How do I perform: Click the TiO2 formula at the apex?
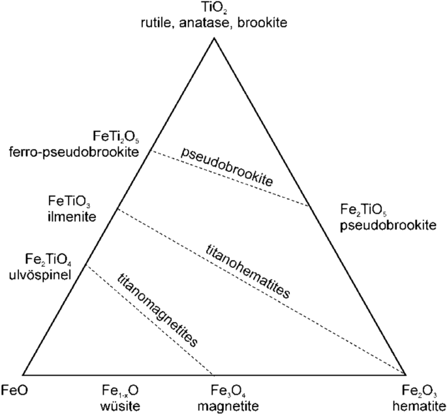tap(213, 8)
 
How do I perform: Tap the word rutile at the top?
tap(166, 23)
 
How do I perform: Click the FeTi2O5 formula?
tap(117, 139)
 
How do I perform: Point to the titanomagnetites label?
tap(157, 309)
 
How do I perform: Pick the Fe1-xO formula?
tap(119, 391)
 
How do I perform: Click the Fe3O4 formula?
tap(220, 391)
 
